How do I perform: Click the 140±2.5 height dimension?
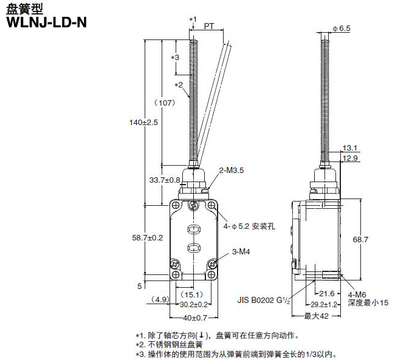[x=144, y=122]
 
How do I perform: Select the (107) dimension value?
[x=165, y=103]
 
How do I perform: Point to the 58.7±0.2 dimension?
[x=148, y=238]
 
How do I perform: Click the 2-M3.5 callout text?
[x=231, y=171]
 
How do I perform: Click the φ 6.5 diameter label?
[x=342, y=28]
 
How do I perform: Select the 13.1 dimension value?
[x=350, y=148]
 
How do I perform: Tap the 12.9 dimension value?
[x=350, y=158]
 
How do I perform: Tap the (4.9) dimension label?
[x=159, y=299]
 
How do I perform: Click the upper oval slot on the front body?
[x=193, y=229]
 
